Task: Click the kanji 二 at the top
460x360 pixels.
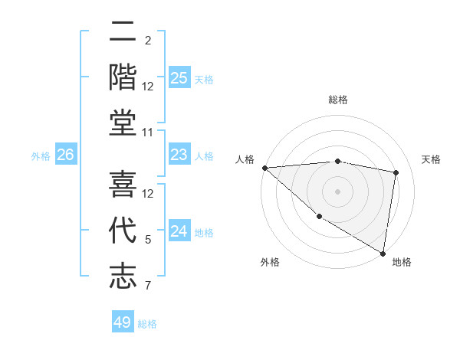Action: tap(123, 34)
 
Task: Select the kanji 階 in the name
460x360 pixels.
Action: tap(123, 78)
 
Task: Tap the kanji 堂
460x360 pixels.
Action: tap(123, 123)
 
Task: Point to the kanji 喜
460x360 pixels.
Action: tap(123, 185)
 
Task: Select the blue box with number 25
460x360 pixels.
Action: tap(179, 78)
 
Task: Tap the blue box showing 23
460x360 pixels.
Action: tap(179, 155)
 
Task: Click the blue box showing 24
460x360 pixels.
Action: tap(179, 231)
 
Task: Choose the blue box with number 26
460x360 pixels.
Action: tap(65, 155)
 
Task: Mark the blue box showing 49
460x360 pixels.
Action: tap(122, 322)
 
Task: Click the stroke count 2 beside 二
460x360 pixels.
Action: tap(147, 41)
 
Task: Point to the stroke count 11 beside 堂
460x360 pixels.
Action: tap(149, 133)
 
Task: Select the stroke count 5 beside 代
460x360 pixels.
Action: tap(148, 241)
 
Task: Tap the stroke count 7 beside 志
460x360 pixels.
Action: tap(148, 286)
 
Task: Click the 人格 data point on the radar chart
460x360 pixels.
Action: tap(264, 168)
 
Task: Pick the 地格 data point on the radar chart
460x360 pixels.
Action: tap(383, 252)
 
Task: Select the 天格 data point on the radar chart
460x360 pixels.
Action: tap(396, 172)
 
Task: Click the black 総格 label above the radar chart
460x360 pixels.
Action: tap(338, 100)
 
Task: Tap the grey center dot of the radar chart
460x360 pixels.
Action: tap(337, 191)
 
